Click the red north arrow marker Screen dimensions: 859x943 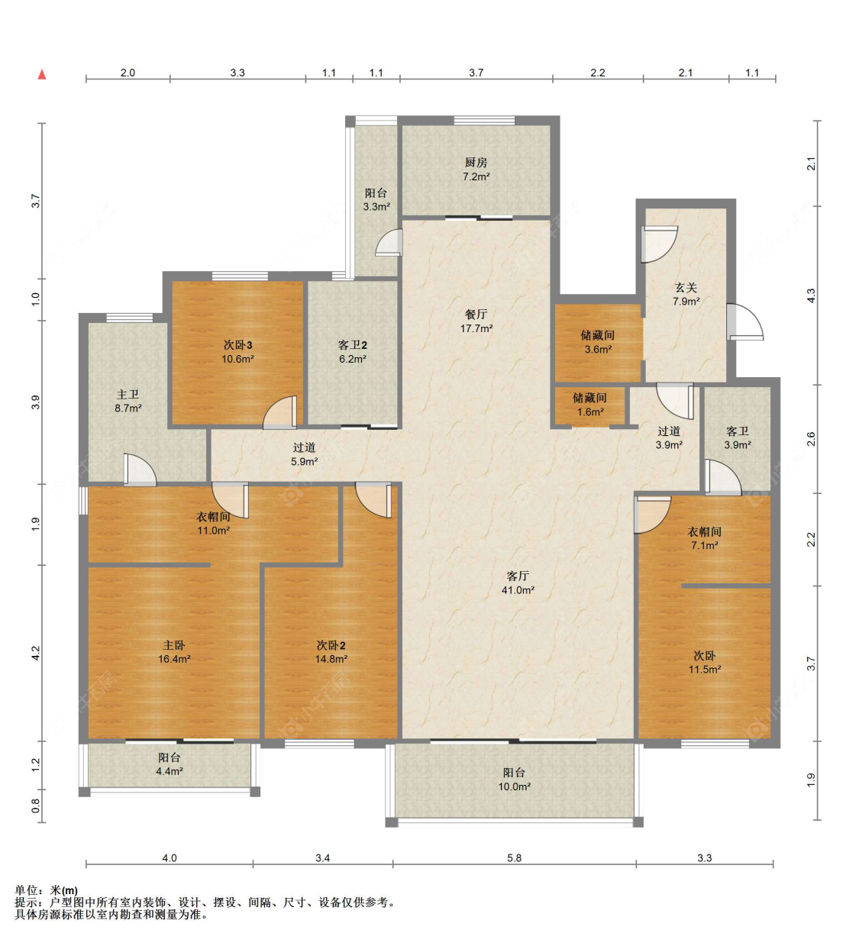coord(42,74)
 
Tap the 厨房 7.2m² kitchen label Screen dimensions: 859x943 coord(476,170)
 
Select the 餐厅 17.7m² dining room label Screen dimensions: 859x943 coord(476,321)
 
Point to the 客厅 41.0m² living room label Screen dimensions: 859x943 coord(518,583)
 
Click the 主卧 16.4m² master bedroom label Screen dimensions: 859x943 coord(174,652)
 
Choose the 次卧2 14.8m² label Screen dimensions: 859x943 coord(331,652)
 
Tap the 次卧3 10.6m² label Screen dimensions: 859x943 coord(238,352)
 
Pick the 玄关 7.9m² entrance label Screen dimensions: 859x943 coord(686,294)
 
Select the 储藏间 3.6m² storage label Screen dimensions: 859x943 coord(598,342)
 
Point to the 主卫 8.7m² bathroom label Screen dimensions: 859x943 coord(128,402)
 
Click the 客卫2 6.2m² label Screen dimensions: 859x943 coord(352,352)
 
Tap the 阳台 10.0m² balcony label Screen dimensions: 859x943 coord(515,780)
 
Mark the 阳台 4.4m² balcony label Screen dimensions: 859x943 coord(170,764)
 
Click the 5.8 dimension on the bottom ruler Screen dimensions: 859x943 coord(515,858)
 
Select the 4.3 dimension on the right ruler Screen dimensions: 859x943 coord(811,295)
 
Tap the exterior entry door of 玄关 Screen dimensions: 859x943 coord(745,322)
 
